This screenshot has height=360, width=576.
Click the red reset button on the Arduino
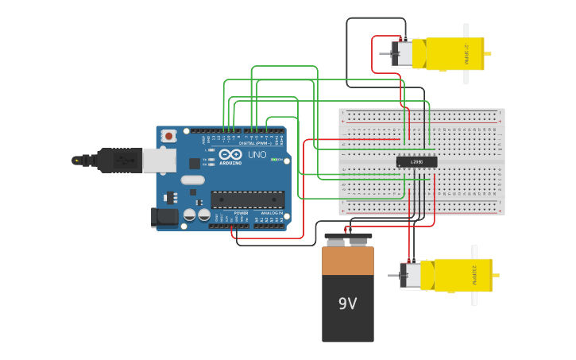168,137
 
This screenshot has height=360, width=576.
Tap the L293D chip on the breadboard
416,162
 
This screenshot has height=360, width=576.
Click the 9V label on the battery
347,304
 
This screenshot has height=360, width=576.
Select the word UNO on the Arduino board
257,155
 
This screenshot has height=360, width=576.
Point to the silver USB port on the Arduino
159,161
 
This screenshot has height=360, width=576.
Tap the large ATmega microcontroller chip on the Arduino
247,199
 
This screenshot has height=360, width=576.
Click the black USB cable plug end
119,160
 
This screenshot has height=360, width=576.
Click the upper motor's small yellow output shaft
488,54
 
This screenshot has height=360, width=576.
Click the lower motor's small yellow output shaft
497,275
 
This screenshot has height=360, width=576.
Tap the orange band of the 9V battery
347,261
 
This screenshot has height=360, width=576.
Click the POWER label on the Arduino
241,213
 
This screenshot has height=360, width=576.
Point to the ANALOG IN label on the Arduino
272,213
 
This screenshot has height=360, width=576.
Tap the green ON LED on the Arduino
275,160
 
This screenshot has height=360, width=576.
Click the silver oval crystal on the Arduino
192,180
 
